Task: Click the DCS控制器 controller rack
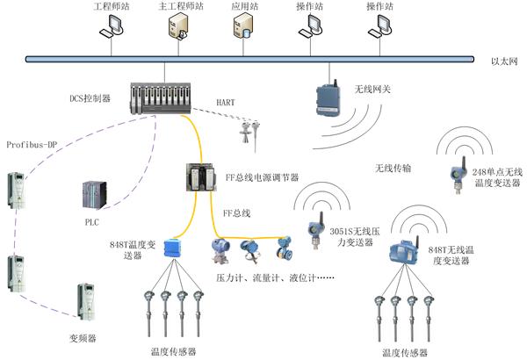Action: tap(161, 98)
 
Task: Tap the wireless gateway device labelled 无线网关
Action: tap(328, 98)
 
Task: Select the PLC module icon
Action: tap(95, 195)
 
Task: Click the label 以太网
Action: tap(504, 61)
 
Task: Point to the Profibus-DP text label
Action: tap(32, 145)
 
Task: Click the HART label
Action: tap(226, 103)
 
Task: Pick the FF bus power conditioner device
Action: tap(200, 177)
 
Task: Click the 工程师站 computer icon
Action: tap(112, 27)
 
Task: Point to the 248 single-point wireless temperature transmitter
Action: tap(458, 175)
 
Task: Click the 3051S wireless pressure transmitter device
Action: tap(315, 230)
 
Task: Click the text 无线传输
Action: tap(393, 168)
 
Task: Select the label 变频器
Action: tap(83, 338)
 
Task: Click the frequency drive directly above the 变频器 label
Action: tap(86, 302)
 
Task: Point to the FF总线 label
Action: tap(237, 213)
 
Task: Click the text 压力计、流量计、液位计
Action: tap(266, 278)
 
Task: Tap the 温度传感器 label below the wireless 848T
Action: tap(405, 353)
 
